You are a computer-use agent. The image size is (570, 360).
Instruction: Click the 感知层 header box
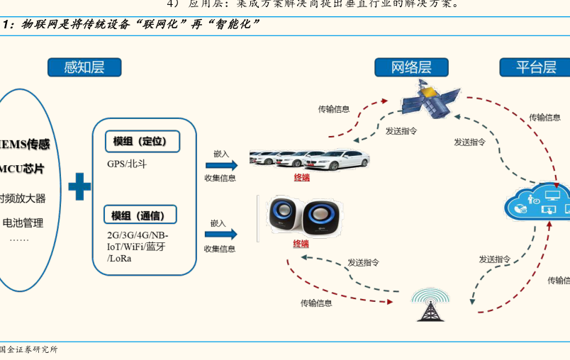coord(84,67)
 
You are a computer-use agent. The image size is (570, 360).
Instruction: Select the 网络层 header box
coord(411,67)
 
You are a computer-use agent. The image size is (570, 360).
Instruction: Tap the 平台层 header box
coord(535,67)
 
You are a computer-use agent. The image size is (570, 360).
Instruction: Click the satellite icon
coord(429,99)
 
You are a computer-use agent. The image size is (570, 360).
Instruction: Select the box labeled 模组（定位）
coord(141,141)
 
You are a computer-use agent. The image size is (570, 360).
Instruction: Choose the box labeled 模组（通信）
coord(140,215)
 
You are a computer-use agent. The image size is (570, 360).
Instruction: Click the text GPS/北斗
coord(127,164)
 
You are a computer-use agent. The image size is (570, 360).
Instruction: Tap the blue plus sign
coord(79,188)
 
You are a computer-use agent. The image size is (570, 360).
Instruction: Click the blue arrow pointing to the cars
coord(220,165)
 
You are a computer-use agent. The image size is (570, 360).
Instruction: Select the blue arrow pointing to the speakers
coord(220,235)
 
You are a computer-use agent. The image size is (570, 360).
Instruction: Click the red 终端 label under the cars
coord(302,178)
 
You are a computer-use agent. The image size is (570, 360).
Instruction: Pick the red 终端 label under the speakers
coord(301,244)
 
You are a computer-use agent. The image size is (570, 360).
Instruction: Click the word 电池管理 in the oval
coord(23,223)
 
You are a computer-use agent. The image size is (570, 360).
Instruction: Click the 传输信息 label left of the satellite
coord(333,109)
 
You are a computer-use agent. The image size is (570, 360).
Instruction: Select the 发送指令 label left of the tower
coord(363,262)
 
